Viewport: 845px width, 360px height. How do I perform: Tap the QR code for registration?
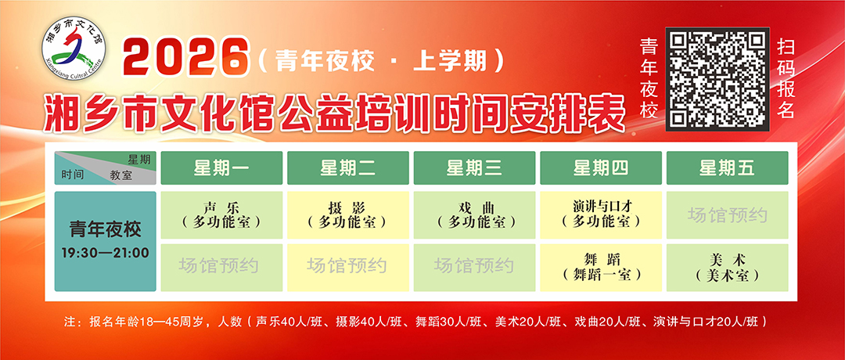pyautogui.click(x=717, y=79)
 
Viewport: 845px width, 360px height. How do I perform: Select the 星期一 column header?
pyautogui.click(x=221, y=168)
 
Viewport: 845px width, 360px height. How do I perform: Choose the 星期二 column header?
pyautogui.click(x=347, y=168)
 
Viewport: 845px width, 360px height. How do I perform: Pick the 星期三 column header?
pyautogui.click(x=474, y=168)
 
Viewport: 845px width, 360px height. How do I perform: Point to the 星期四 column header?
pyautogui.click(x=601, y=168)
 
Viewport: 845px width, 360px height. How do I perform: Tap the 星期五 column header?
pyautogui.click(x=727, y=168)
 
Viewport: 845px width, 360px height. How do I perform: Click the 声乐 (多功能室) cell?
pyautogui.click(x=221, y=214)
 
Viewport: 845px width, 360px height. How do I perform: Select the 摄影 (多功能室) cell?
pyautogui.click(x=347, y=214)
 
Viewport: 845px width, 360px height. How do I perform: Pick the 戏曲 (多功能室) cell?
pyautogui.click(x=474, y=214)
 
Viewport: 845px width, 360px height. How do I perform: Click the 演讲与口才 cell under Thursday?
pyautogui.click(x=601, y=214)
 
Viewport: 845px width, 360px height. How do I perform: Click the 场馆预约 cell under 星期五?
pyautogui.click(x=727, y=214)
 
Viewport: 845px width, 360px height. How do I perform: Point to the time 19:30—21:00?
pyautogui.click(x=105, y=253)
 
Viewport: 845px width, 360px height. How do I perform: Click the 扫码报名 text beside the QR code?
pyautogui.click(x=786, y=79)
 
